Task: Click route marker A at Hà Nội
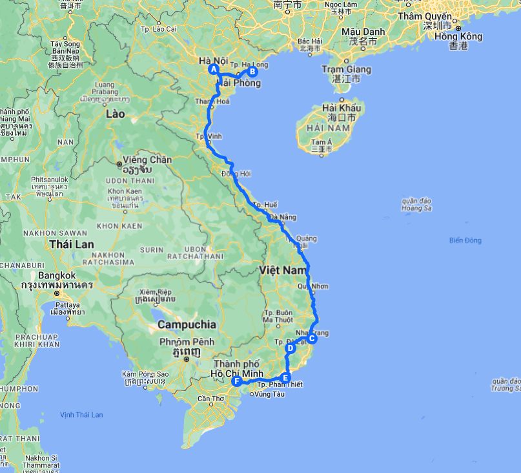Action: [214, 70]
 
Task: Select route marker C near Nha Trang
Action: [312, 338]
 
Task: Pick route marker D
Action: [290, 348]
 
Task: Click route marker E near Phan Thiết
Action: [286, 377]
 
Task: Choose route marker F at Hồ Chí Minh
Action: [237, 381]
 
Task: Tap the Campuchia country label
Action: [187, 324]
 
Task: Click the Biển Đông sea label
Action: [465, 240]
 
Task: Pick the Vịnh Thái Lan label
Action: [81, 414]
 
